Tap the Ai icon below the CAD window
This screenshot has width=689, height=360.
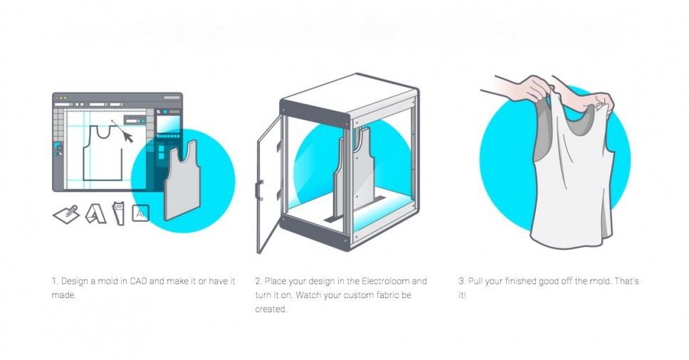(x=141, y=214)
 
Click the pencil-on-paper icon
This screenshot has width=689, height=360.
(x=67, y=215)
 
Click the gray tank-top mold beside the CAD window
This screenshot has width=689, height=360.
(x=182, y=180)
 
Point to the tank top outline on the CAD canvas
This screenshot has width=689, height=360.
(x=102, y=153)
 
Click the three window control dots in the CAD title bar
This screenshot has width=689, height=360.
(x=61, y=97)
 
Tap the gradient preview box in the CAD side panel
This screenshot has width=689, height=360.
(x=168, y=123)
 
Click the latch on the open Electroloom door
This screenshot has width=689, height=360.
(x=259, y=189)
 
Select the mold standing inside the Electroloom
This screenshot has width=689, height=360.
(x=352, y=172)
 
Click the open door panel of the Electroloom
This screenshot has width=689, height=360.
(x=269, y=184)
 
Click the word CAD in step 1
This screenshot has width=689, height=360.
(x=138, y=281)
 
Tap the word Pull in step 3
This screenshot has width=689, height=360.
(x=475, y=281)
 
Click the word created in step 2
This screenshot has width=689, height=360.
(x=270, y=309)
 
